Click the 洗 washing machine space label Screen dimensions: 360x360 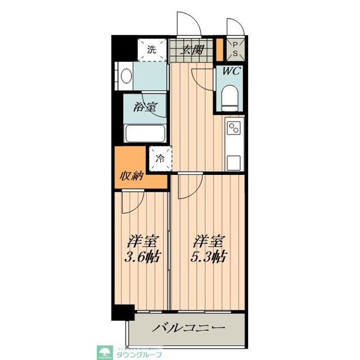[x=151, y=49]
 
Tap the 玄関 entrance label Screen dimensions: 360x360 [x=191, y=49]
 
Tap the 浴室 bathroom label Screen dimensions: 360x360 [x=145, y=106]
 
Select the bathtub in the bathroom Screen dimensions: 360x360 [x=145, y=134]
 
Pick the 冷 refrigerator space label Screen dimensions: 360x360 [x=160, y=158]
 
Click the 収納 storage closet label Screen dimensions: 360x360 [x=133, y=176]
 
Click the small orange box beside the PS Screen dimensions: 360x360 [x=219, y=49]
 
